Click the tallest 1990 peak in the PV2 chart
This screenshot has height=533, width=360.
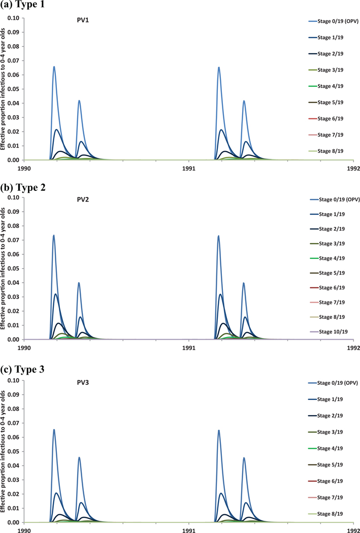tap(53, 236)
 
